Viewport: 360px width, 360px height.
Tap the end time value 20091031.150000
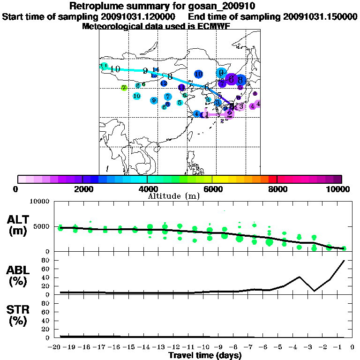point(321,16)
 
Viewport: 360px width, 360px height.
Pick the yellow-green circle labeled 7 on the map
point(124,88)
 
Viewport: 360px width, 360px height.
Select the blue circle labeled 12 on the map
point(164,83)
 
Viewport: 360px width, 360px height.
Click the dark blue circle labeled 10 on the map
point(198,74)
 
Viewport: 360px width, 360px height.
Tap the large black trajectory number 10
point(115,69)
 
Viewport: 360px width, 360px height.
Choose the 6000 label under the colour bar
point(212,189)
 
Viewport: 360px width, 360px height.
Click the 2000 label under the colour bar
point(82,189)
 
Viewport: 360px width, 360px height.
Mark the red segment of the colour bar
point(272,179)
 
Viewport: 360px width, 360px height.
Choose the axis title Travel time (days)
point(205,356)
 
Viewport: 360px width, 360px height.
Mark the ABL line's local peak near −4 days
point(299,277)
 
